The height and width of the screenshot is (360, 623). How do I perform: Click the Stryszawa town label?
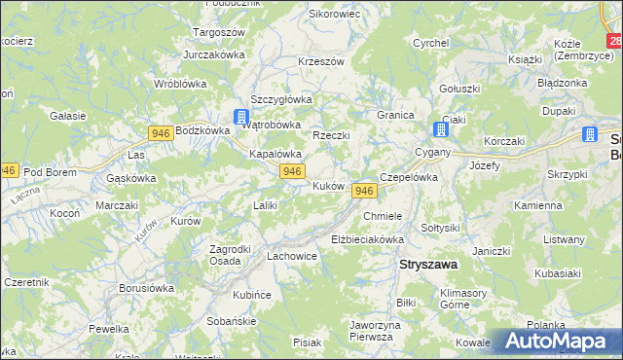pyautogui.click(x=429, y=264)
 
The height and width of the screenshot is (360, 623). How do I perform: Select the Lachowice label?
pyautogui.click(x=291, y=256)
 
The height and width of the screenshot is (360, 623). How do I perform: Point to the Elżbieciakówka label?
pyautogui.click(x=367, y=238)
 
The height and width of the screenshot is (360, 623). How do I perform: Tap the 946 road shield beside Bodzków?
pyautogui.click(x=161, y=131)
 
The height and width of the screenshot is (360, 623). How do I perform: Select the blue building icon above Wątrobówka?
pyautogui.click(x=240, y=117)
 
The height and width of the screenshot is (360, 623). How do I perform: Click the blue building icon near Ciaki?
pyautogui.click(x=440, y=129)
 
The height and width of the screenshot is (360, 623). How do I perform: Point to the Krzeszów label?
pyautogui.click(x=321, y=61)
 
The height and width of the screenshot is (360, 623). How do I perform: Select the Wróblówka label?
pyautogui.click(x=179, y=84)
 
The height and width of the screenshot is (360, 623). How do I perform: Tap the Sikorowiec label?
pyautogui.click(x=334, y=15)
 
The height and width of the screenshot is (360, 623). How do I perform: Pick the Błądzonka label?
pyautogui.click(x=562, y=83)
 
